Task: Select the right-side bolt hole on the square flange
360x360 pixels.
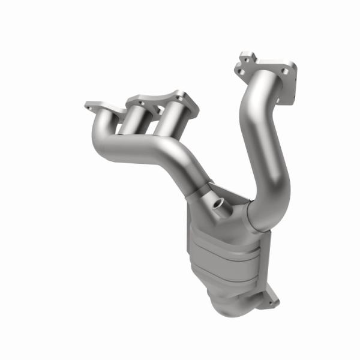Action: point(291,71)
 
